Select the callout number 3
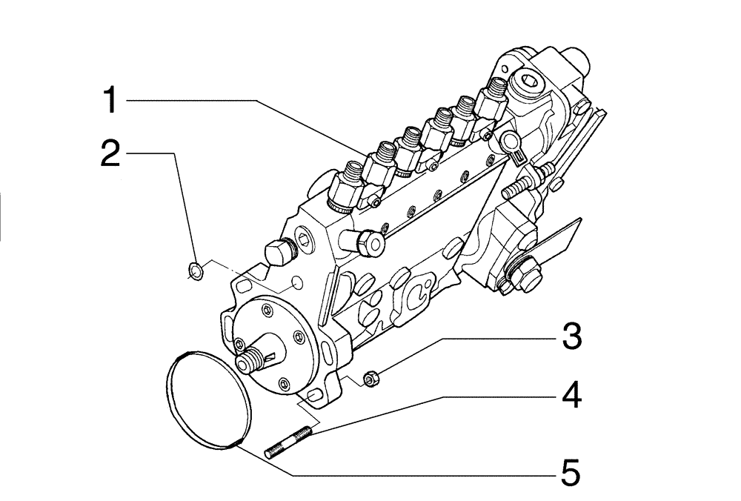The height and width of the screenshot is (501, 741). click(x=570, y=337)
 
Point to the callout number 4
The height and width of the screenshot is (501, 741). click(x=570, y=397)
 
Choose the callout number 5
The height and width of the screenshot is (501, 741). click(x=570, y=472)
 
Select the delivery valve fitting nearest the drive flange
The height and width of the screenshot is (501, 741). click(x=345, y=188)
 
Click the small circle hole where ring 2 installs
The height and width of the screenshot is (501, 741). click(x=296, y=285)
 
